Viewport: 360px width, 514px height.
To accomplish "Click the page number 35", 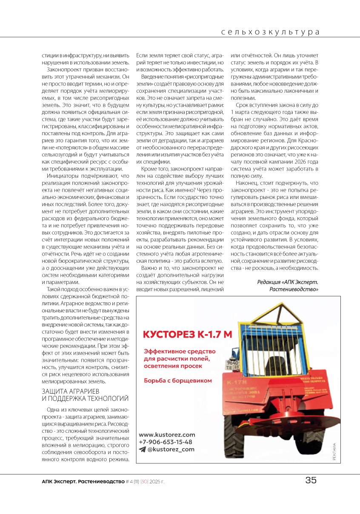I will pyautogui.click(x=311, y=480).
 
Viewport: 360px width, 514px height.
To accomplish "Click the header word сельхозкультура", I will pyautogui.click(x=271, y=32).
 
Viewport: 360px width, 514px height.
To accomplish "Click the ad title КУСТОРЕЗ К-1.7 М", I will pyautogui.click(x=187, y=334).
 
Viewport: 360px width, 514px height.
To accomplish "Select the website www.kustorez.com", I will pyautogui.click(x=167, y=434).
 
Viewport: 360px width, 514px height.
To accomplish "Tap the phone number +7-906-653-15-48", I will pyautogui.click(x=165, y=442).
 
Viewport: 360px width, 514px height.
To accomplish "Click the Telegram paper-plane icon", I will pyautogui.click(x=142, y=449).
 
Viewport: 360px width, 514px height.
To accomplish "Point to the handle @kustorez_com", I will pyautogui.click(x=170, y=449).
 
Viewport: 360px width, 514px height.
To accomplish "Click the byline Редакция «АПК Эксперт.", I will pyautogui.click(x=288, y=282).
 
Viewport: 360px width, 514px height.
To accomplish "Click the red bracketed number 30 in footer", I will pyautogui.click(x=143, y=481).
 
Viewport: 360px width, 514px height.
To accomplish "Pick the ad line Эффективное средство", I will pyautogui.click(x=180, y=352).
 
